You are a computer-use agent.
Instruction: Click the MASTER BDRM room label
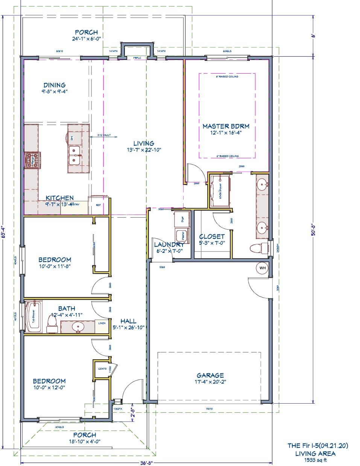point(226,126)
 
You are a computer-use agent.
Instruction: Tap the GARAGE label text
point(210,375)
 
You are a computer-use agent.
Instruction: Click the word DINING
point(55,85)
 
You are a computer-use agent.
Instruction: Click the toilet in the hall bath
point(52,323)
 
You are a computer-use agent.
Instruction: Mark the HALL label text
point(128,321)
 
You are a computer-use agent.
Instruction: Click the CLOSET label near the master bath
point(212,236)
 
